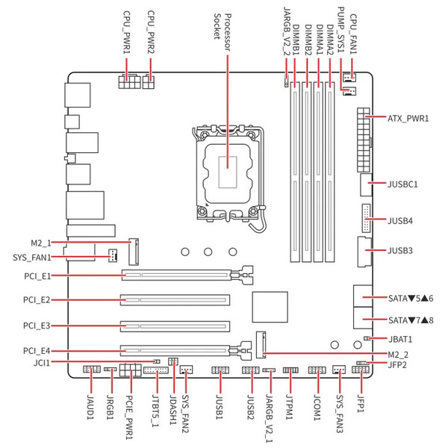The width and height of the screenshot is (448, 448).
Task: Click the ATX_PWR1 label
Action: click(408, 118)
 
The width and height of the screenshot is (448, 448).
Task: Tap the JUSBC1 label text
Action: click(402, 184)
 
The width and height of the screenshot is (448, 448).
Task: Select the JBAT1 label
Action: click(400, 339)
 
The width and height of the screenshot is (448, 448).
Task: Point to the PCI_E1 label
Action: click(37, 276)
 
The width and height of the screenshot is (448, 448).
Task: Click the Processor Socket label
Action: click(223, 32)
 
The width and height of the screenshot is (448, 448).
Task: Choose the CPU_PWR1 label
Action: click(126, 32)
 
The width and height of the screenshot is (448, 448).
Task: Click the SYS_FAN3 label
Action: click(340, 414)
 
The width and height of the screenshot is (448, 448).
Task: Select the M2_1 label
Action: click(41, 243)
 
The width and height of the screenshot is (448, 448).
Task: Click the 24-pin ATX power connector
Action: click(363, 140)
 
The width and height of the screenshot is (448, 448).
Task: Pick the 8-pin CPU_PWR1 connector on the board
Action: click(129, 81)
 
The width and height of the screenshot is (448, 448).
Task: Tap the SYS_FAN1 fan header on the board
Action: click(113, 255)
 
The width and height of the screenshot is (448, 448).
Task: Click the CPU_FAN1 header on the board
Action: click(349, 77)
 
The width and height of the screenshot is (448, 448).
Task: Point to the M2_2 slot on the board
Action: click(261, 344)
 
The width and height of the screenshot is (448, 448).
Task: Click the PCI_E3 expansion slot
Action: click(175, 326)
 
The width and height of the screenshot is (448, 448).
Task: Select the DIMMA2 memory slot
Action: click(330, 172)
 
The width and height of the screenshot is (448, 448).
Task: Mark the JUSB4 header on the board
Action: click(366, 218)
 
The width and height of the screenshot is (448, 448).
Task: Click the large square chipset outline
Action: click(270, 307)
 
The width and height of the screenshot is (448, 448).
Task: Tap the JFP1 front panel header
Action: click(361, 370)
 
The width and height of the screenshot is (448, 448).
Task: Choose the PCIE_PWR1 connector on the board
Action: click(131, 370)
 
